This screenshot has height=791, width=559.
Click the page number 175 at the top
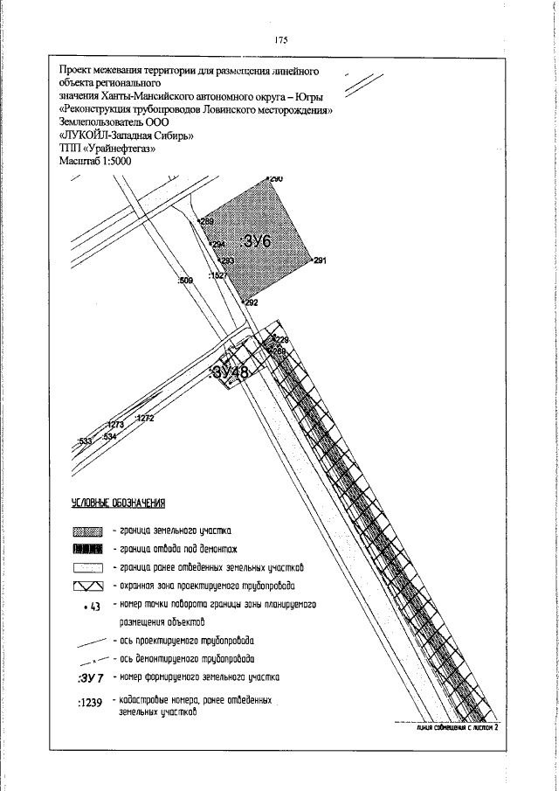coord(280,40)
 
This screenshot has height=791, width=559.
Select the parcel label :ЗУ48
coord(231,372)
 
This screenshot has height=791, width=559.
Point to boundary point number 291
coord(319,261)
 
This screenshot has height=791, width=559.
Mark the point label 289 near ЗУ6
coord(207,222)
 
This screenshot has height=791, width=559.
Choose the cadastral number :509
coord(184,281)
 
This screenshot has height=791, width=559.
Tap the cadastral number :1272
coord(144,419)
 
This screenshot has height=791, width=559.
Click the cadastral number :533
coord(85,441)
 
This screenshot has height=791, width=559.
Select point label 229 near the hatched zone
coord(281,339)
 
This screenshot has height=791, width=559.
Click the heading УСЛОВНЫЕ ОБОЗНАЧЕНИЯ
coord(118,504)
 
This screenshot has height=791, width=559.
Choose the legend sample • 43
coord(91,607)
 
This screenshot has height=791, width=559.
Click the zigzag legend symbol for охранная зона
coord(88,586)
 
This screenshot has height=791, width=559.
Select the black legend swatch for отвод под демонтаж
coord(88,549)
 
